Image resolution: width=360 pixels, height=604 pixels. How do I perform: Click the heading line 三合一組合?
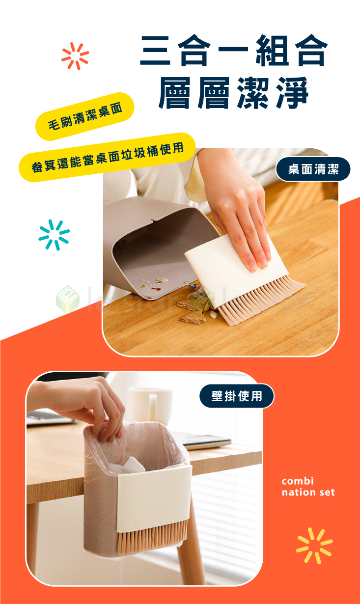233,52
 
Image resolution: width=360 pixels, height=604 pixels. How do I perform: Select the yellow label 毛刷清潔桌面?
84,116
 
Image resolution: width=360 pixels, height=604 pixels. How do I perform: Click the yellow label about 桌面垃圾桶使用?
107,157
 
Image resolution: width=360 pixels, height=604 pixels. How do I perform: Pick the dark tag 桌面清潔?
313,169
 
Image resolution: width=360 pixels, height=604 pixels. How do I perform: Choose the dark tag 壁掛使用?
236,396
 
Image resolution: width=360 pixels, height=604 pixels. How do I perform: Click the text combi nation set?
308,486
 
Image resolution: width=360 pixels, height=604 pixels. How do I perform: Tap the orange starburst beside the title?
75,56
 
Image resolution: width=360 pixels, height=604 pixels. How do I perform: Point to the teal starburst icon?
54,235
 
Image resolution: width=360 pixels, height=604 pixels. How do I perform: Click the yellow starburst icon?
314,545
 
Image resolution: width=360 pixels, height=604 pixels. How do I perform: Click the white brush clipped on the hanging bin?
154,496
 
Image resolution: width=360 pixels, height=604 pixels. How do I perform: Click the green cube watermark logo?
67,299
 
